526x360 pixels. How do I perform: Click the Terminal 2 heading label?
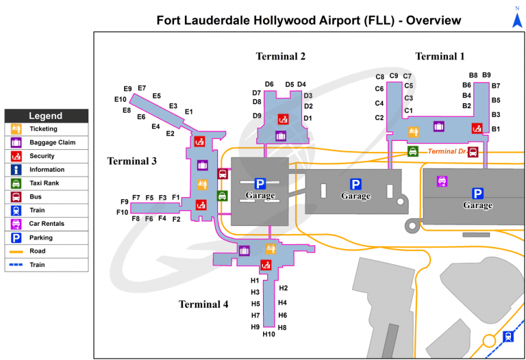coord(281,56)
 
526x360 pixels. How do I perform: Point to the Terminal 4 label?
coord(203,304)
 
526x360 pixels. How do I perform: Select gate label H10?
coord(268,334)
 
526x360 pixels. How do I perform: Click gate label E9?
coord(127,89)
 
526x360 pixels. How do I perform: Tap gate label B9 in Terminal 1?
coord(486,75)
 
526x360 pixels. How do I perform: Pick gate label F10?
coord(123,212)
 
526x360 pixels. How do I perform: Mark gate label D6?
coord(269,84)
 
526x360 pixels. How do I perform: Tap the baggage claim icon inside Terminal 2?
coord(281,136)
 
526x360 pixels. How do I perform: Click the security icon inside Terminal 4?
coord(266,265)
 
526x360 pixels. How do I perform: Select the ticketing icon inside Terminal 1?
coord(413,131)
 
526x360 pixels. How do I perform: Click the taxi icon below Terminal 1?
coord(413,151)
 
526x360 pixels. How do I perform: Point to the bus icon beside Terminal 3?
coord(223,174)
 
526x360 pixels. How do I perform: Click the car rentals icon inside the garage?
coord(442,181)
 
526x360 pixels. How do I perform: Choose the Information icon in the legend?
coord(16,170)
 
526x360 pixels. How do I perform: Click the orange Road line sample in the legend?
coord(16,251)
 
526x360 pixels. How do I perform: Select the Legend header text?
coord(46,116)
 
